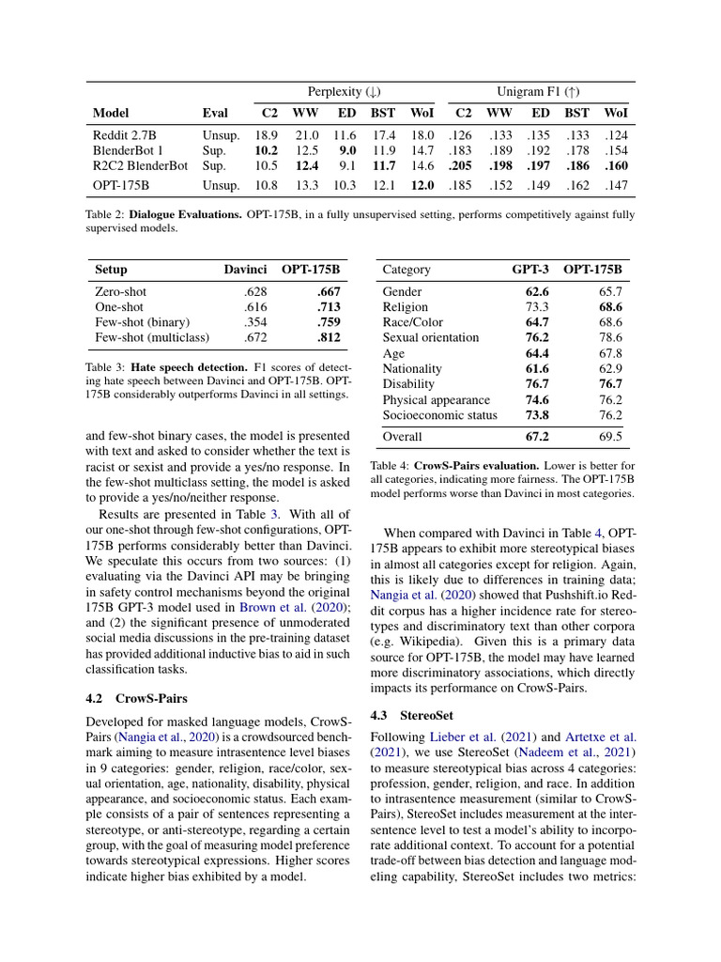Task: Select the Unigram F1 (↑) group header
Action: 538,91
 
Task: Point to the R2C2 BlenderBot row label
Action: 140,165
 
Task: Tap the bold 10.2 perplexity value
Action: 266,150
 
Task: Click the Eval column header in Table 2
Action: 215,113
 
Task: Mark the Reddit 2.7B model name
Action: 125,135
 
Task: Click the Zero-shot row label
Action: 121,292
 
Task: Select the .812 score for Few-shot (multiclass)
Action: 329,337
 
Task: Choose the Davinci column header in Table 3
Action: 245,270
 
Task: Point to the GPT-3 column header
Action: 530,270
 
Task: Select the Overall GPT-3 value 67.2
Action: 536,436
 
